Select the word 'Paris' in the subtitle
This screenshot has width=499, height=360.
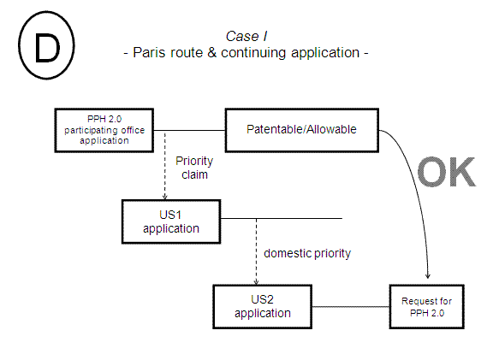(151, 52)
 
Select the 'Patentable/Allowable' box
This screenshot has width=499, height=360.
(301, 129)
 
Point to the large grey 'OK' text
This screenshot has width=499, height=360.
(445, 172)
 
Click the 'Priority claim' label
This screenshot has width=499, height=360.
(194, 167)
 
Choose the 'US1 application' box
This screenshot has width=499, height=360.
(171, 221)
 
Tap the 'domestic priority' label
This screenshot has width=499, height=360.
(307, 253)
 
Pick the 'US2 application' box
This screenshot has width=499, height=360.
(263, 306)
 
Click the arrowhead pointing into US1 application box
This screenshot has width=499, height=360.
(163, 196)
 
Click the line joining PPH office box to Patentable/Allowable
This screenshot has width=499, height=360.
(188, 130)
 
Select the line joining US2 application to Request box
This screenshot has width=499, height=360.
(351, 306)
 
